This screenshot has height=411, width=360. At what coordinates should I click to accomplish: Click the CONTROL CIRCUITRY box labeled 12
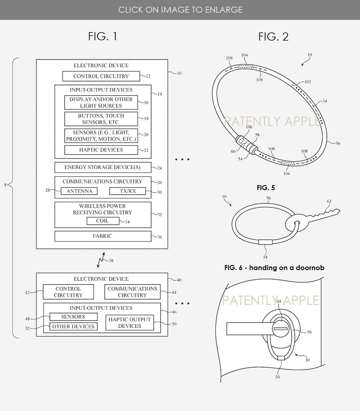pyautogui.click(x=101, y=76)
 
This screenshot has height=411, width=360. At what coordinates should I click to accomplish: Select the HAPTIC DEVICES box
pyautogui.click(x=101, y=150)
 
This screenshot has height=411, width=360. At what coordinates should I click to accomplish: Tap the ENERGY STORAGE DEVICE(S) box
pyautogui.click(x=102, y=167)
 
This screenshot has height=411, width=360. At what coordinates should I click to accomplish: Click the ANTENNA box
pyautogui.click(x=79, y=191)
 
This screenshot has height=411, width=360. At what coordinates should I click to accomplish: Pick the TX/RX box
pyautogui.click(x=128, y=191)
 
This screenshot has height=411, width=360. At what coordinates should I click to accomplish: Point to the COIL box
pyautogui.click(x=102, y=221)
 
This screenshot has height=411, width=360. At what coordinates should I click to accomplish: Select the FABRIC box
pyautogui.click(x=102, y=236)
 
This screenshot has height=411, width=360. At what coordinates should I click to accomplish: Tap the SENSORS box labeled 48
pyautogui.click(x=73, y=317)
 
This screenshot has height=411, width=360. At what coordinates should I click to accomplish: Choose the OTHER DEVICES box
pyautogui.click(x=73, y=327)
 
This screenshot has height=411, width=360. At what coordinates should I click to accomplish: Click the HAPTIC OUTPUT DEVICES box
pyautogui.click(x=129, y=323)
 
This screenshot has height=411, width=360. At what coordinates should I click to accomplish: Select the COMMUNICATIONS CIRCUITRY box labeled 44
pyautogui.click(x=132, y=292)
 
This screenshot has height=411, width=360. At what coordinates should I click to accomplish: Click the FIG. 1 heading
pyautogui.click(x=102, y=36)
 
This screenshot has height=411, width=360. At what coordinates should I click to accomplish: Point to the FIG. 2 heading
pyautogui.click(x=273, y=37)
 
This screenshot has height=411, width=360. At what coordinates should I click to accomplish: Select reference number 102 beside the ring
pyautogui.click(x=307, y=82)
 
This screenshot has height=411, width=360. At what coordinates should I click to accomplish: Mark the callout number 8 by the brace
pyautogui.click(x=5, y=185)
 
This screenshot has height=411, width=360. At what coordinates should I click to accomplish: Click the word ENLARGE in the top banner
pyautogui.click(x=224, y=10)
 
